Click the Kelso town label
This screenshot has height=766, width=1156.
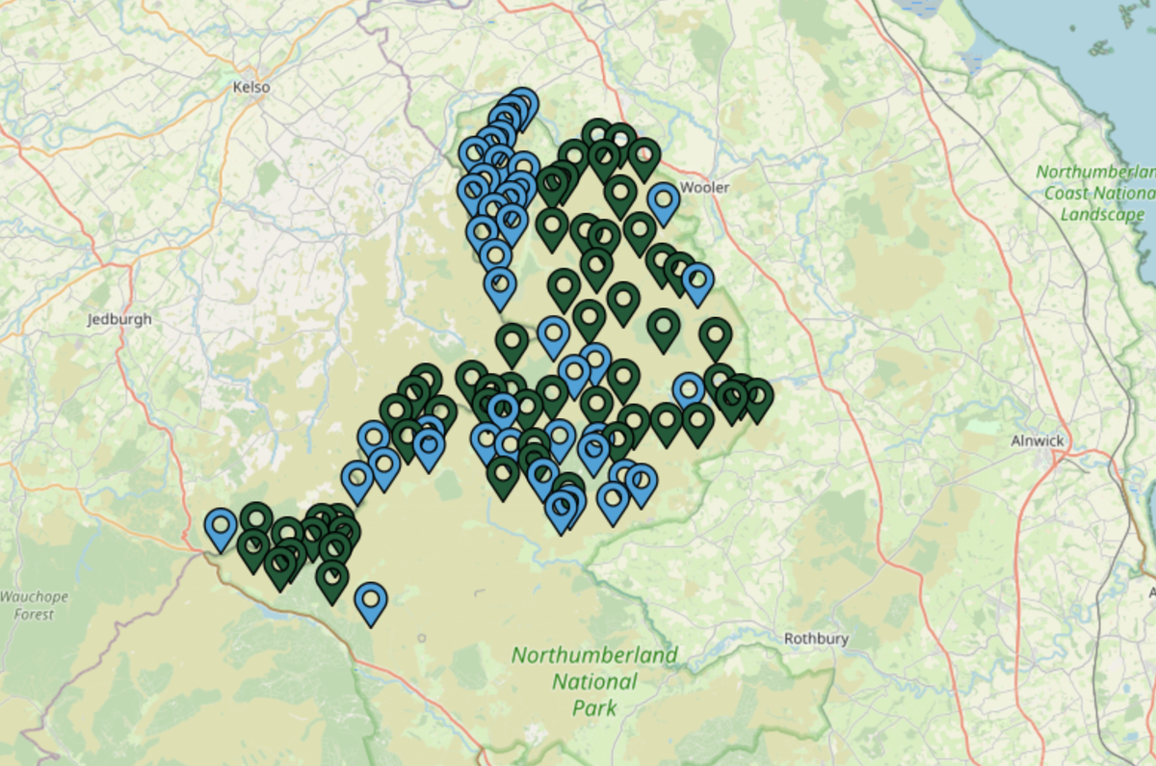click(251, 87)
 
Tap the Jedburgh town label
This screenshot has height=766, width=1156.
click(119, 319)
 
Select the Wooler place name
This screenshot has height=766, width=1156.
click(705, 187)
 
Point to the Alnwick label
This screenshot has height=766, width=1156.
click(1038, 440)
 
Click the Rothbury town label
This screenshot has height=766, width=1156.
click(816, 638)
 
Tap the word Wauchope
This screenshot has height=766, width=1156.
click(35, 596)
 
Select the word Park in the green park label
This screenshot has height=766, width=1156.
click(593, 708)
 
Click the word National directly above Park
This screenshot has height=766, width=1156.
click(594, 682)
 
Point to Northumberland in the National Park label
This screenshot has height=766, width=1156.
click(594, 656)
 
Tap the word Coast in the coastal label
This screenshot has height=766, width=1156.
click(1074, 193)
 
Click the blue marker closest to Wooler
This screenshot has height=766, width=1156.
click(664, 199)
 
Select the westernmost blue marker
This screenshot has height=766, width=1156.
click(221, 525)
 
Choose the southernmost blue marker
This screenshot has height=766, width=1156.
click(371, 600)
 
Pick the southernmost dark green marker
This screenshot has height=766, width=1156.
click(331, 578)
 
